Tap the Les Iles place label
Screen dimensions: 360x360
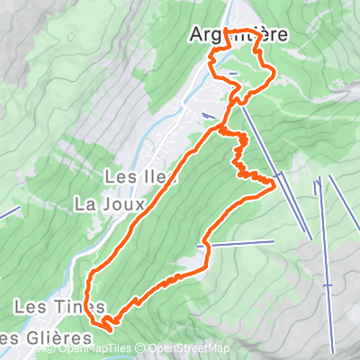pos(135,176)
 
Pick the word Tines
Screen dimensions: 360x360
pos(73,308)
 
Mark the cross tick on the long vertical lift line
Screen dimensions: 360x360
pos(328,284)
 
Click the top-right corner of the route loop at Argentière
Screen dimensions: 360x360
pos(262,37)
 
